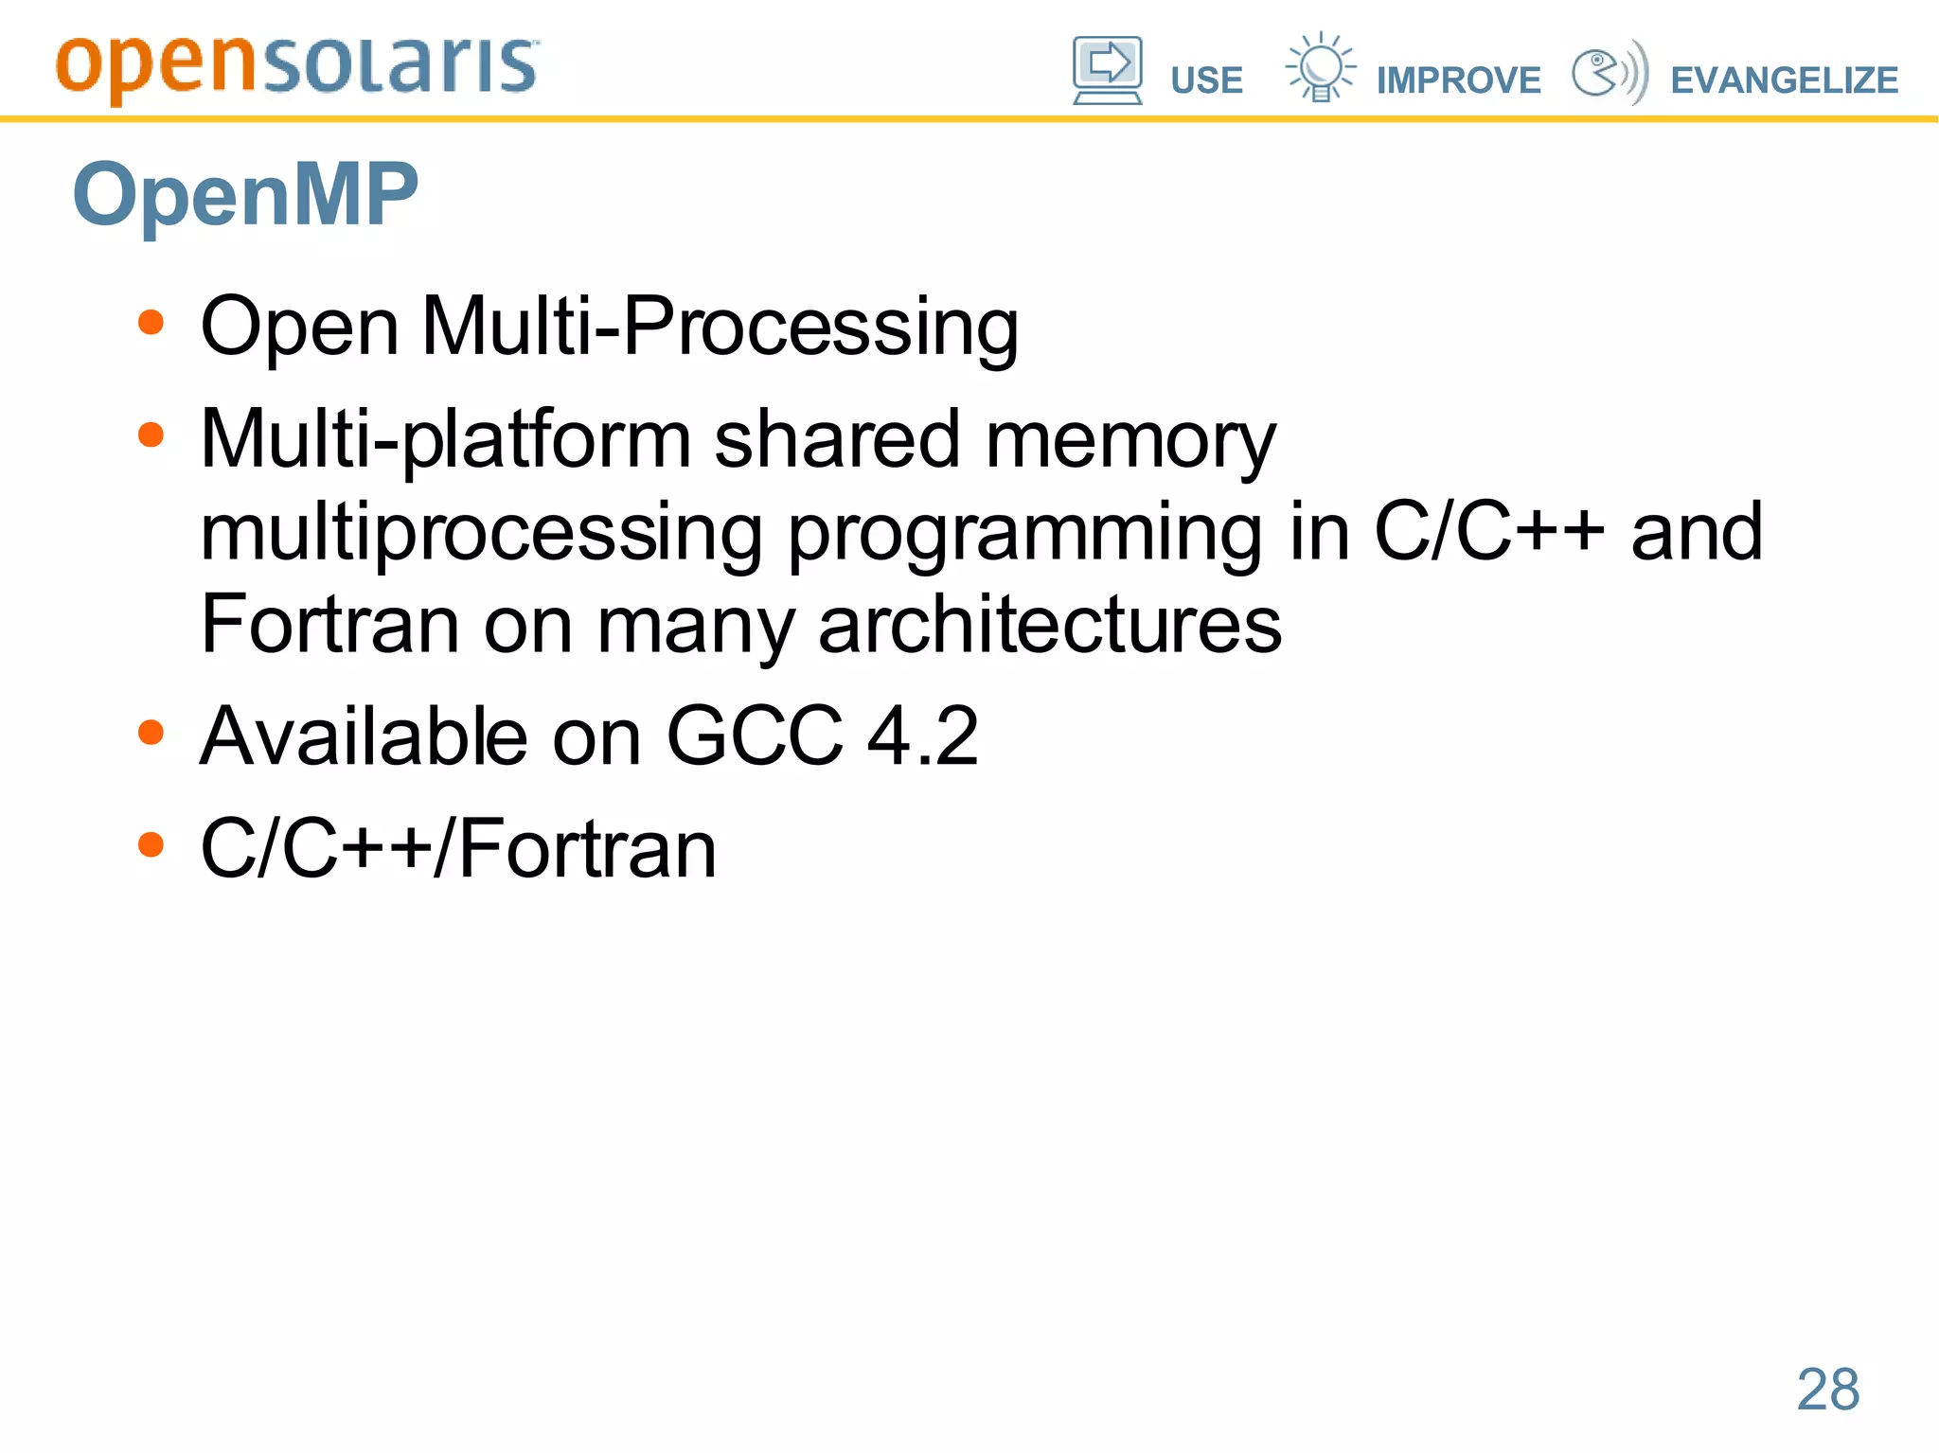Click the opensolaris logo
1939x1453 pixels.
pos(297,68)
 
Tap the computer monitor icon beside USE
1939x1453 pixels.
pos(1107,70)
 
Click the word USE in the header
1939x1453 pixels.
pos(1206,80)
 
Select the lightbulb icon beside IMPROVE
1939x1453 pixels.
pos(1320,67)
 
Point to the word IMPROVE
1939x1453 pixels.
pos(1458,80)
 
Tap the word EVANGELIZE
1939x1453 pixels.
pos(1784,80)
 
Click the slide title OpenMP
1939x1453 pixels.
pos(245,194)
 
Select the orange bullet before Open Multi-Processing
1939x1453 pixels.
pos(151,323)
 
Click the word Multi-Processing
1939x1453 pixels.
pos(720,328)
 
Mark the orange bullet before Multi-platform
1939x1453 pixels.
pos(151,435)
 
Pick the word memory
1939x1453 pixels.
pos(1130,441)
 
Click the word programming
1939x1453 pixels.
pos(1024,534)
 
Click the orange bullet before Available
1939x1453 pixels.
pos(151,733)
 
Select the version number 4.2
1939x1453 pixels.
pos(922,736)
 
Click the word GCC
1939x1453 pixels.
pos(755,736)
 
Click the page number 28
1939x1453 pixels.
pos(1827,1390)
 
